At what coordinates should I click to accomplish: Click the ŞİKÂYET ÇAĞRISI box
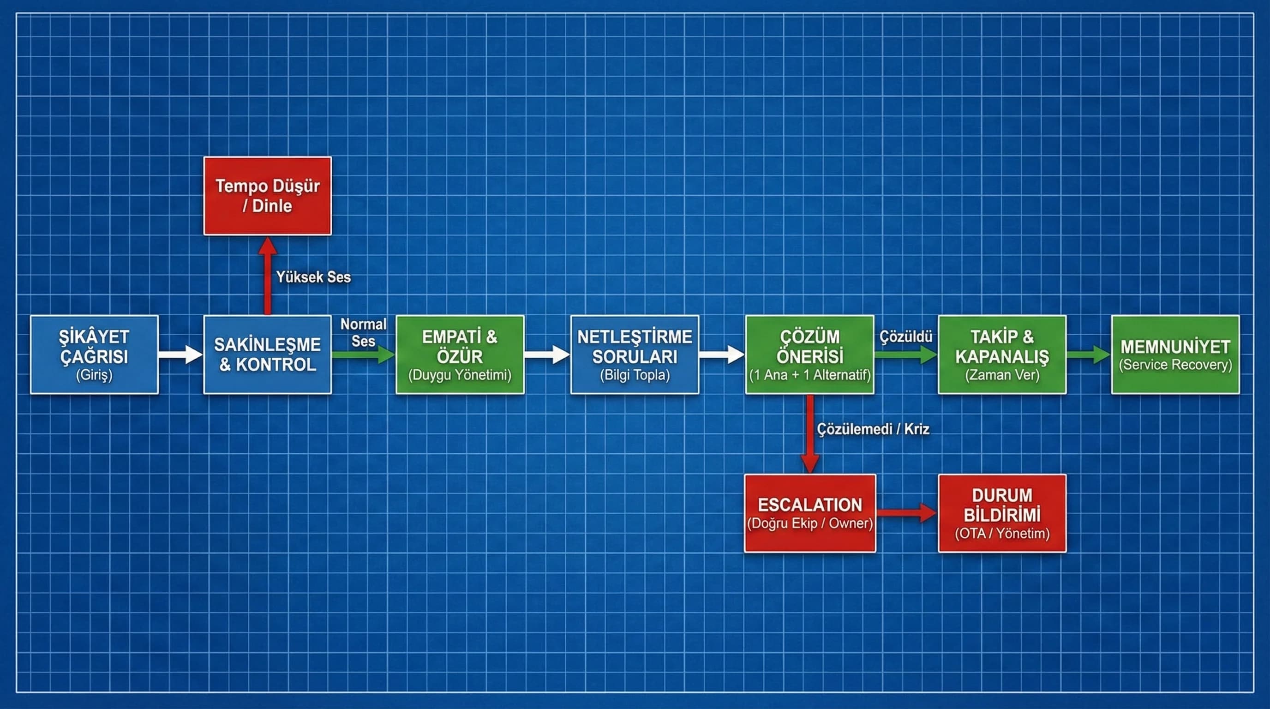click(x=94, y=354)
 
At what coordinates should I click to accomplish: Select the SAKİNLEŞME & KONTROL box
click(x=267, y=354)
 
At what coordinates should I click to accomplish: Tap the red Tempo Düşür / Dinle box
click(x=267, y=196)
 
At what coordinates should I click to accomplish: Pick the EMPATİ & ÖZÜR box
click(x=460, y=354)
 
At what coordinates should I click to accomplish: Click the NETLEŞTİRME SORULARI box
click(x=635, y=354)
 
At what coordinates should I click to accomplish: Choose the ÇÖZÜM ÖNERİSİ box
click(x=809, y=354)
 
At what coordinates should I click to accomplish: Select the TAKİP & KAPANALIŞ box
click(x=1002, y=354)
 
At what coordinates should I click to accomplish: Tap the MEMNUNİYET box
click(x=1175, y=354)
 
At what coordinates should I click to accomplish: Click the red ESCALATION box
click(x=809, y=513)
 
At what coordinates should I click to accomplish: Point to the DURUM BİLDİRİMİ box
click(x=1002, y=513)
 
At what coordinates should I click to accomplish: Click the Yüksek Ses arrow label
click(x=313, y=277)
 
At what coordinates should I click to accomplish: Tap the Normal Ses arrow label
click(x=363, y=332)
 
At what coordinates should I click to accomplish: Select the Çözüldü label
click(x=906, y=337)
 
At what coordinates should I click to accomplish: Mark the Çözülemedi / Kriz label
click(x=873, y=429)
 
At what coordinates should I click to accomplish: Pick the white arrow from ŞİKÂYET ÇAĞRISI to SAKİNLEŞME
click(x=180, y=354)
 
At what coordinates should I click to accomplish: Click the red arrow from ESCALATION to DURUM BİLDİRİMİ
click(x=906, y=513)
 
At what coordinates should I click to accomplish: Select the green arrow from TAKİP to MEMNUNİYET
click(x=1088, y=354)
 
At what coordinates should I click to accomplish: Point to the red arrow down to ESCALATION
click(x=809, y=434)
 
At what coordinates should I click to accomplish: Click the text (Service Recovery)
click(x=1175, y=365)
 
